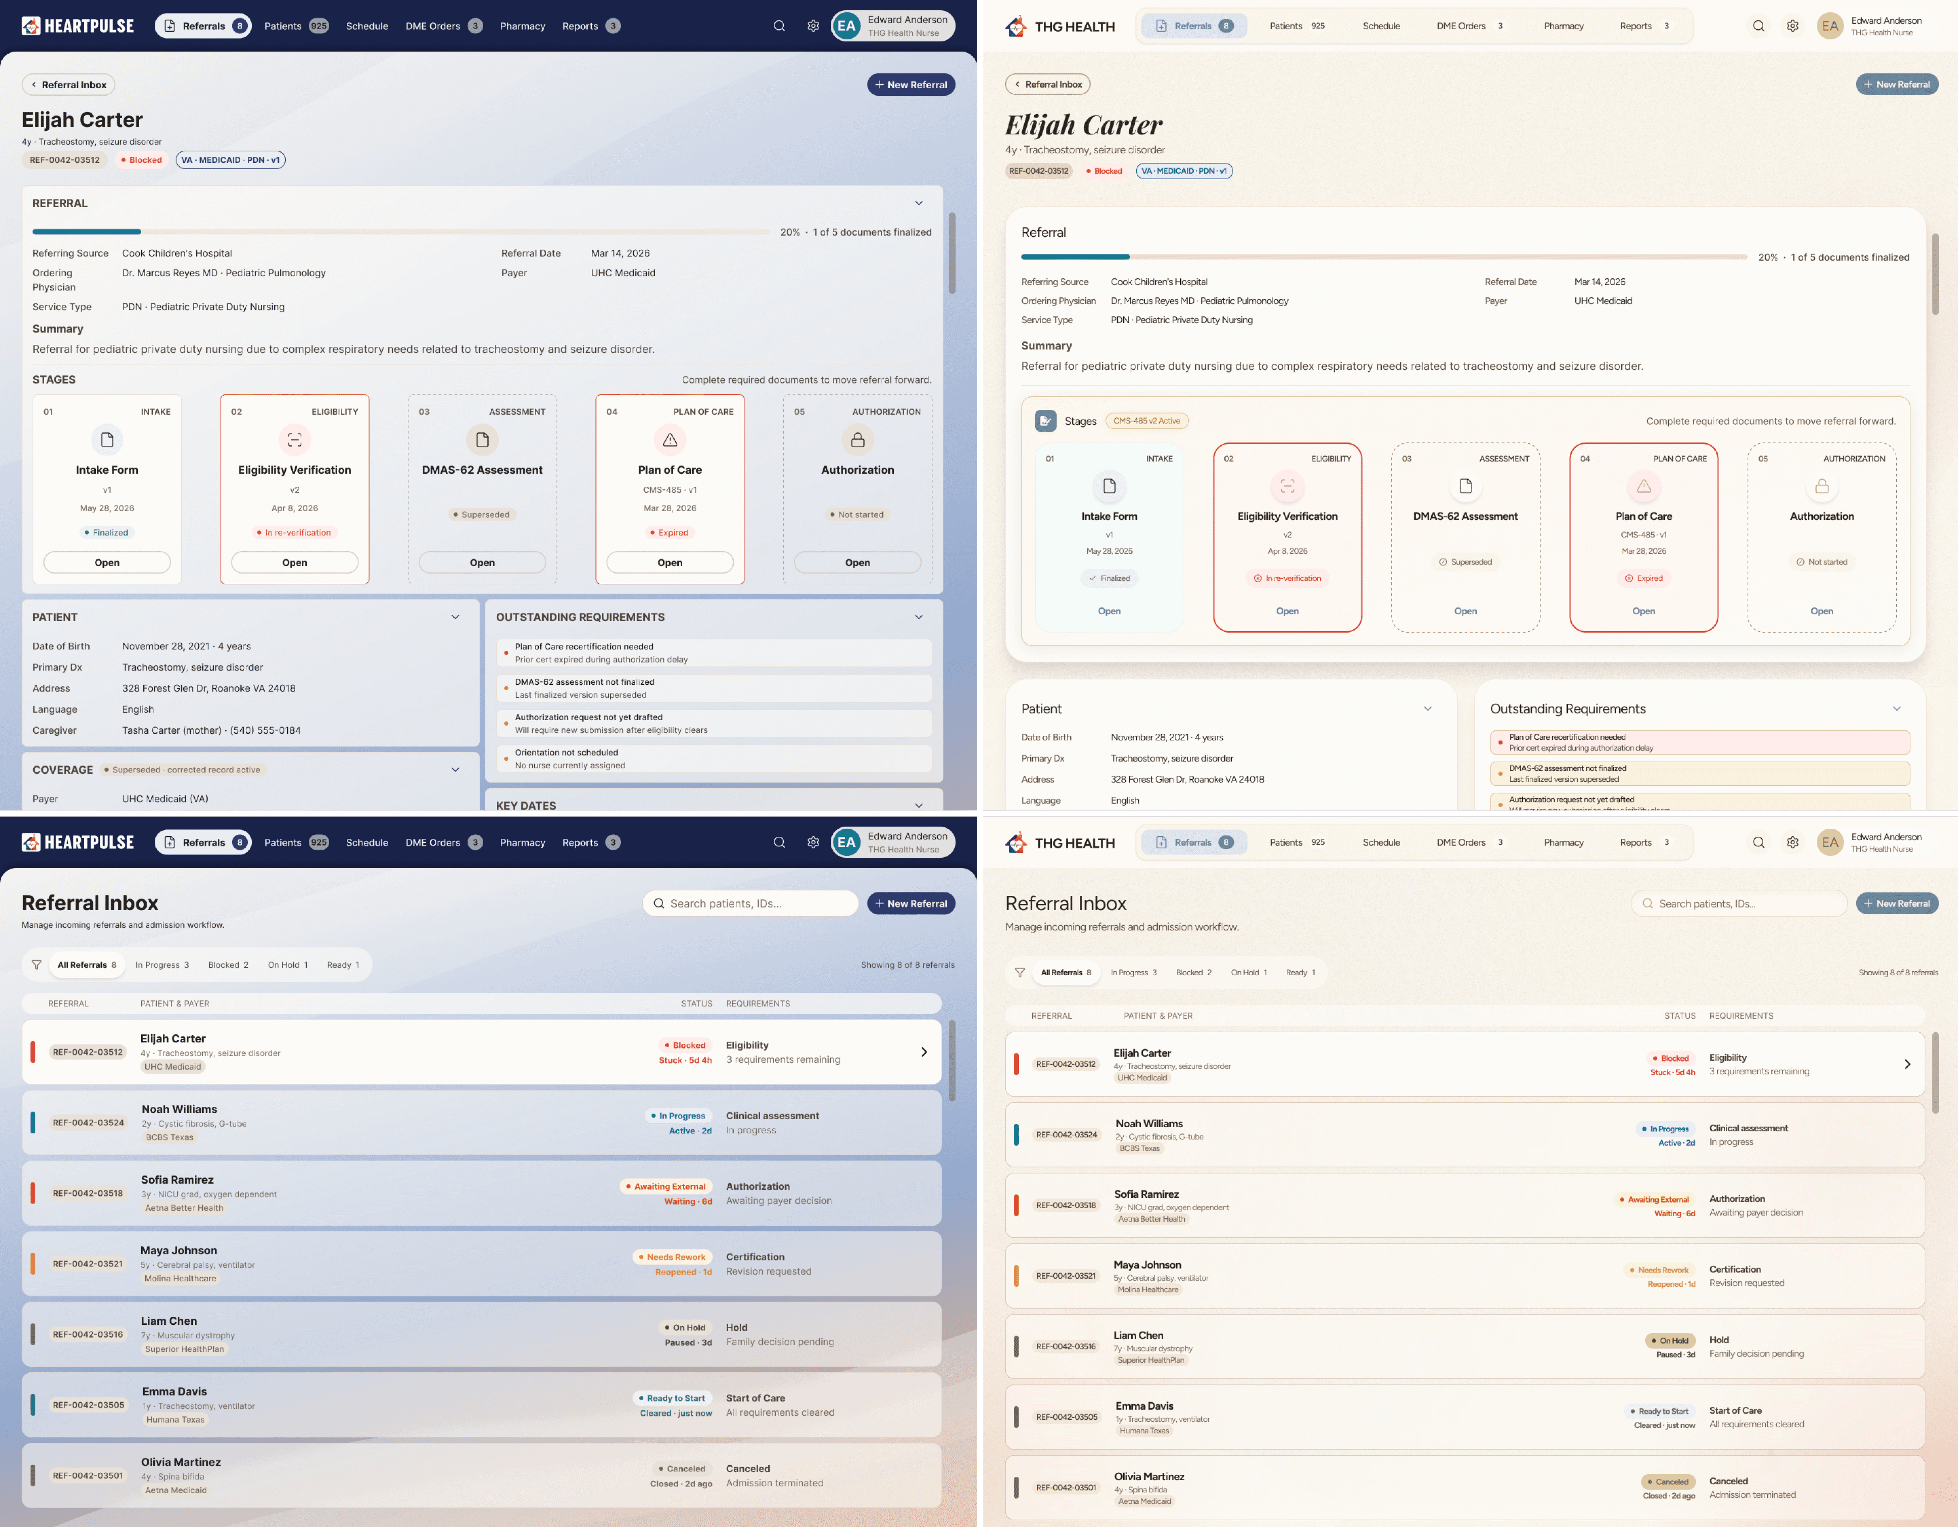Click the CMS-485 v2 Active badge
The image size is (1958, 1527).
(x=1146, y=421)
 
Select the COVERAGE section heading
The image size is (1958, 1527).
(x=63, y=769)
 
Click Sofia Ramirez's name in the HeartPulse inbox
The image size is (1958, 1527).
(x=178, y=1179)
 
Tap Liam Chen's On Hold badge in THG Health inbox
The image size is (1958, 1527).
(x=1669, y=1341)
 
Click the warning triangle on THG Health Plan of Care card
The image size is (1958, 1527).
(x=1643, y=486)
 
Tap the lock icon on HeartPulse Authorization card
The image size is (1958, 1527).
(x=858, y=439)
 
